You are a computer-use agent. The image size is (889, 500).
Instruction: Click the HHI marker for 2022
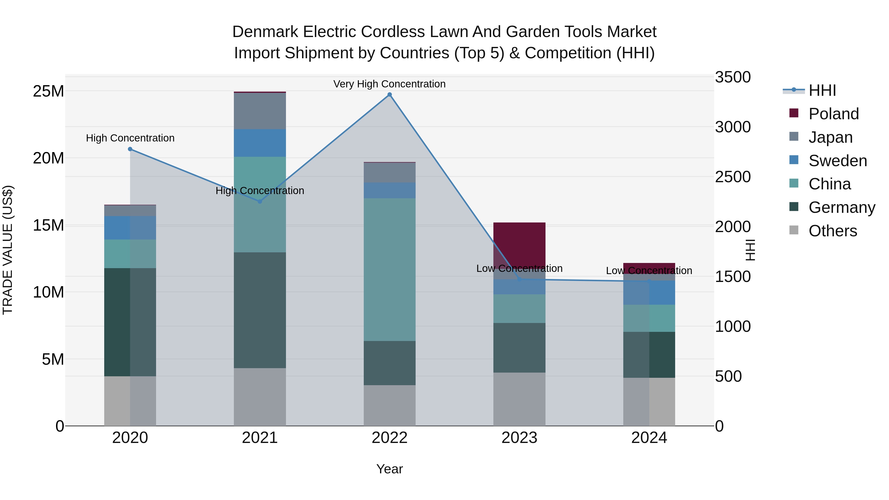point(390,95)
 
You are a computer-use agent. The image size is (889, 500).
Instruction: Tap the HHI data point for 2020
point(130,149)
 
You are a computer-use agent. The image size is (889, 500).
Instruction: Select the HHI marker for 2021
point(260,201)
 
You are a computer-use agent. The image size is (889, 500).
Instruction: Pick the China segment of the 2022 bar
point(390,269)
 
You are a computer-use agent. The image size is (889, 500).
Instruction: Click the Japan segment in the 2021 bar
point(260,111)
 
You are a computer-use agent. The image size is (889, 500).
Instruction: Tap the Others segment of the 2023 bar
point(519,399)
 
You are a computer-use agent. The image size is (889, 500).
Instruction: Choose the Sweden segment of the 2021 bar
point(260,143)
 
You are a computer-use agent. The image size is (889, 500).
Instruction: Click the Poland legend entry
point(833,114)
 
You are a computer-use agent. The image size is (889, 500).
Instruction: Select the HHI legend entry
point(822,90)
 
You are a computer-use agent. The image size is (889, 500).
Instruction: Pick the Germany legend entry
point(841,207)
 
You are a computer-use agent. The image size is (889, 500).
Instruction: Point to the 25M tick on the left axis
point(48,91)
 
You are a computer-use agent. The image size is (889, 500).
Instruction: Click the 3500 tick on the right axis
point(732,77)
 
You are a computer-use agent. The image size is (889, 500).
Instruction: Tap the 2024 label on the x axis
point(649,438)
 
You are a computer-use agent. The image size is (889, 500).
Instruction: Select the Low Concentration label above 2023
point(519,268)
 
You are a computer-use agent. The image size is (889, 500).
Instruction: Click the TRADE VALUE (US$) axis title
point(8,250)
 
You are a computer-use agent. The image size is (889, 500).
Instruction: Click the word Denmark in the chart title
point(265,32)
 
